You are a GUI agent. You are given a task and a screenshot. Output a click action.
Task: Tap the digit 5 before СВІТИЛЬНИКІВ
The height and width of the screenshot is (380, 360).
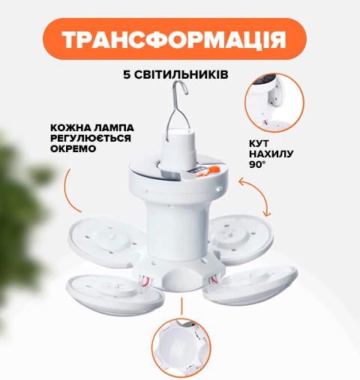click(x=127, y=75)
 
